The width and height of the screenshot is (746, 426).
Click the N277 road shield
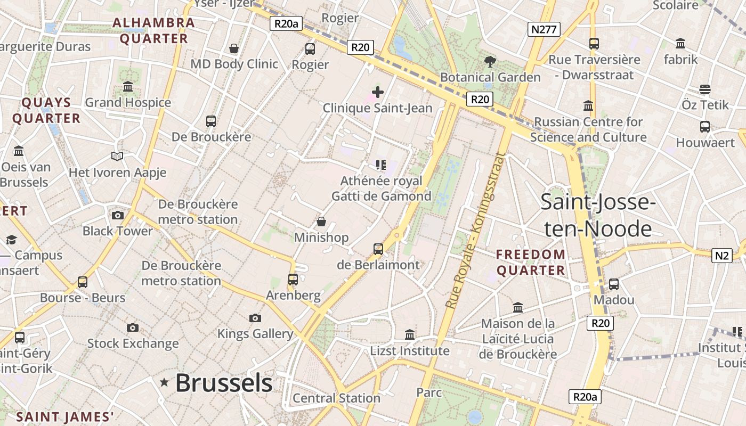[544, 29]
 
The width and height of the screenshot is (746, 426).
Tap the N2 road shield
[721, 256]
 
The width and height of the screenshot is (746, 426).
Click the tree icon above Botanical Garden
[490, 62]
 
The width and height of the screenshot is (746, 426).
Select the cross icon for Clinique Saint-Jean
[378, 92]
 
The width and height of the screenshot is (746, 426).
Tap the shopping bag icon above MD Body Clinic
[233, 48]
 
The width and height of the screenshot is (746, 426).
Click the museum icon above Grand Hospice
[128, 86]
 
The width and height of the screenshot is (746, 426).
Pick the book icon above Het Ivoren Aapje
[117, 156]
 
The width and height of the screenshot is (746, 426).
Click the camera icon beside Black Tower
[118, 215]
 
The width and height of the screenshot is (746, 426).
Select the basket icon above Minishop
[321, 222]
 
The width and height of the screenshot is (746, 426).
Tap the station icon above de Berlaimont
[378, 249]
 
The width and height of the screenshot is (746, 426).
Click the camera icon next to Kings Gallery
[255, 318]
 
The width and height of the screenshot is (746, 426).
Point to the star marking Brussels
[165, 382]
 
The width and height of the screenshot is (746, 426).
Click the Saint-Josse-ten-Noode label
[597, 215]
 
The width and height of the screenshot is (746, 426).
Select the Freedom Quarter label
[531, 262]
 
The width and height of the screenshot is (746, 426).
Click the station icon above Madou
[614, 284]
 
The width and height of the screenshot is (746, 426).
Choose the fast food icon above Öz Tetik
[705, 89]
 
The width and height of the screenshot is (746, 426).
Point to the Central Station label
[336, 398]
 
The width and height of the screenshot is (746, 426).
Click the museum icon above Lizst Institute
[410, 334]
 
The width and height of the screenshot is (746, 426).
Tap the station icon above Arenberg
[293, 279]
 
